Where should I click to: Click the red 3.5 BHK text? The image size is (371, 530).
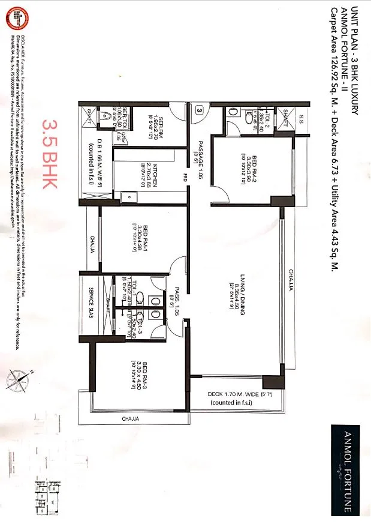pyautogui.click(x=50, y=152)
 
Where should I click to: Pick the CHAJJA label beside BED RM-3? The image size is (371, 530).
pyautogui.click(x=131, y=418)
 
